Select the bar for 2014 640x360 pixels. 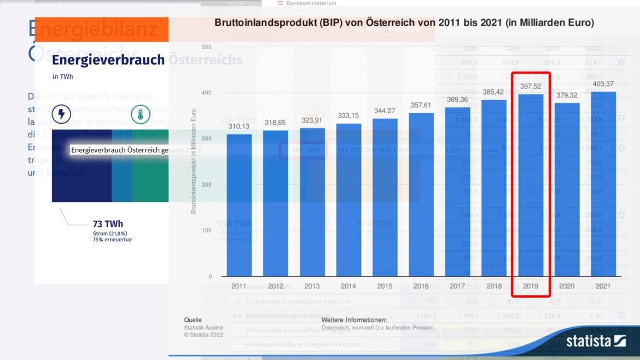(x=348, y=200)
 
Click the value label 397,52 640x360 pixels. (x=531, y=86)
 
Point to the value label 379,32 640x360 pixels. (x=567, y=95)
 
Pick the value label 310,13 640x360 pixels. (x=239, y=126)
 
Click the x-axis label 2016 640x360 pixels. (x=421, y=286)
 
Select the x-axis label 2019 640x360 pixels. (x=531, y=286)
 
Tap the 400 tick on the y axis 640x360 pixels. (x=206, y=93)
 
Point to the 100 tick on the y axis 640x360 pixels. (x=206, y=230)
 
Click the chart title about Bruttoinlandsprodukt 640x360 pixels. (x=404, y=23)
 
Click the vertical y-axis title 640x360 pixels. (x=194, y=161)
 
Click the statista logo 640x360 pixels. (x=596, y=341)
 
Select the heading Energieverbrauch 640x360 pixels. (x=108, y=60)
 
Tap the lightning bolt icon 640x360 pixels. (x=61, y=114)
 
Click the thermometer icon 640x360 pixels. (x=141, y=114)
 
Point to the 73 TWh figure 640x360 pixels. (x=108, y=224)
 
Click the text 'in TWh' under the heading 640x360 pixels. (x=63, y=77)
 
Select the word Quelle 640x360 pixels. (x=193, y=320)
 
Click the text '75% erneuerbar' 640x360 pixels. (x=112, y=240)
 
